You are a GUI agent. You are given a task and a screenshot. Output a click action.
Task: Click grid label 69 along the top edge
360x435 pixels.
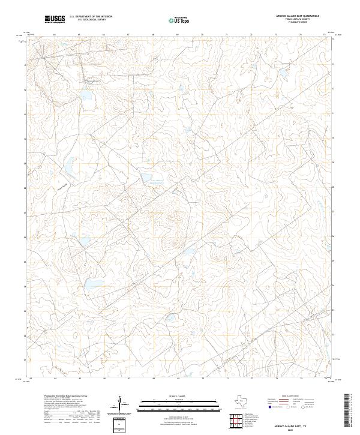point(178,35)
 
